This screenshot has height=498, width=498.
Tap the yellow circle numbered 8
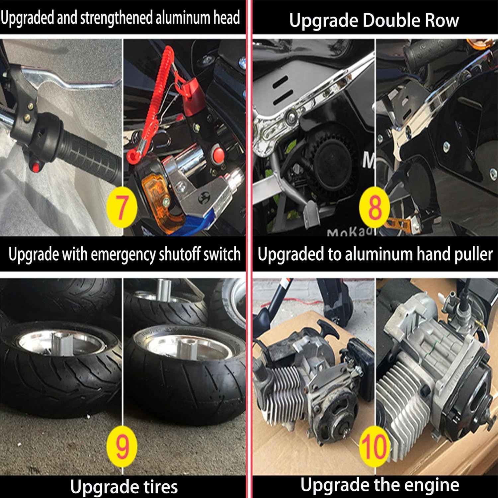(x=375, y=208)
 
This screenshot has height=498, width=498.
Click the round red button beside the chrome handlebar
(x=218, y=154)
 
